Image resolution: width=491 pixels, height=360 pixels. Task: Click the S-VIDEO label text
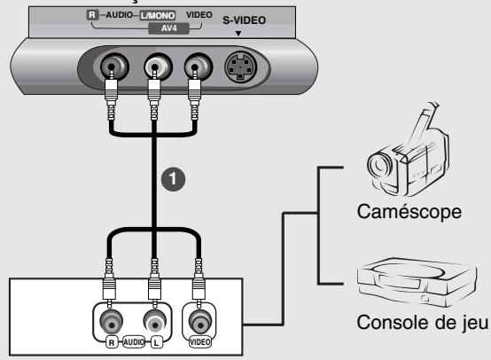click(245, 20)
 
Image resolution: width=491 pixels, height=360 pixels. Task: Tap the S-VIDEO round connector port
click(240, 67)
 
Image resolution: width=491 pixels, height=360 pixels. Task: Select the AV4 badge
click(168, 28)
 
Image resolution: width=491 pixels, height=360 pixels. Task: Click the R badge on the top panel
click(92, 15)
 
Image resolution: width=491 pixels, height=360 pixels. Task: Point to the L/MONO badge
click(158, 15)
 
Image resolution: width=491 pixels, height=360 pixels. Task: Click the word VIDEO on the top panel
click(199, 15)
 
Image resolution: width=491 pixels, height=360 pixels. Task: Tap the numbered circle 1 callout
click(173, 179)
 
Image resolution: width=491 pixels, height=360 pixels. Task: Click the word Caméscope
click(409, 212)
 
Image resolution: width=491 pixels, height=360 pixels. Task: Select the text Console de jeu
click(423, 323)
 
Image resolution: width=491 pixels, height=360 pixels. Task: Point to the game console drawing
click(417, 281)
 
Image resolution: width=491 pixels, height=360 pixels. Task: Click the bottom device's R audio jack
click(111, 322)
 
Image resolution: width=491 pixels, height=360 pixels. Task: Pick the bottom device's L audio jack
click(155, 322)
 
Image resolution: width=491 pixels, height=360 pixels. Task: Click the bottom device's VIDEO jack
click(199, 322)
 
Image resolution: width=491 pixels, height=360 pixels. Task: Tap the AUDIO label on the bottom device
click(134, 342)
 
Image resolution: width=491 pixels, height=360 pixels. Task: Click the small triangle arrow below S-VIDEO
click(238, 33)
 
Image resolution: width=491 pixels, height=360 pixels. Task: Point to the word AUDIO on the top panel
click(119, 15)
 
